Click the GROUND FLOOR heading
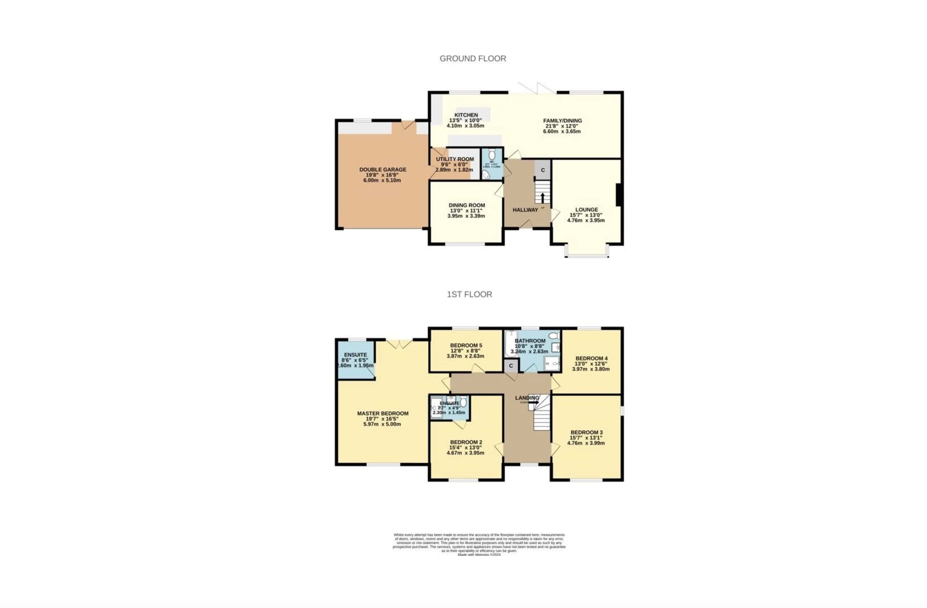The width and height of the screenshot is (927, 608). tap(473, 58)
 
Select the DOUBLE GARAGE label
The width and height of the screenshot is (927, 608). tap(382, 169)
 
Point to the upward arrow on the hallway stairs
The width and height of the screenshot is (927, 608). tap(542, 198)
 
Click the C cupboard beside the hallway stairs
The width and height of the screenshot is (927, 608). tap(543, 170)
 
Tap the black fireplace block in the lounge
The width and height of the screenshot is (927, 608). tap(618, 195)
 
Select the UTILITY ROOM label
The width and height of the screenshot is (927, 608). tap(454, 159)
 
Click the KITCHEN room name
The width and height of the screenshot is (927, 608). tap(466, 115)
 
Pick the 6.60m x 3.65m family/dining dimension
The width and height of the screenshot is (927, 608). tap(562, 132)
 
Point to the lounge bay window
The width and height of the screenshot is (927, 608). tap(587, 256)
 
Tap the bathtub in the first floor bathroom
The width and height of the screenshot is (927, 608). tap(509, 343)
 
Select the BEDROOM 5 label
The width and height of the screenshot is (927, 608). tap(466, 345)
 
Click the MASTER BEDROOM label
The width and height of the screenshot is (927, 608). tap(382, 413)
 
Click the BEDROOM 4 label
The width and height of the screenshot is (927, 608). tap(591, 358)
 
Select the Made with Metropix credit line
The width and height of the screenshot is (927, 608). tap(479, 555)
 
